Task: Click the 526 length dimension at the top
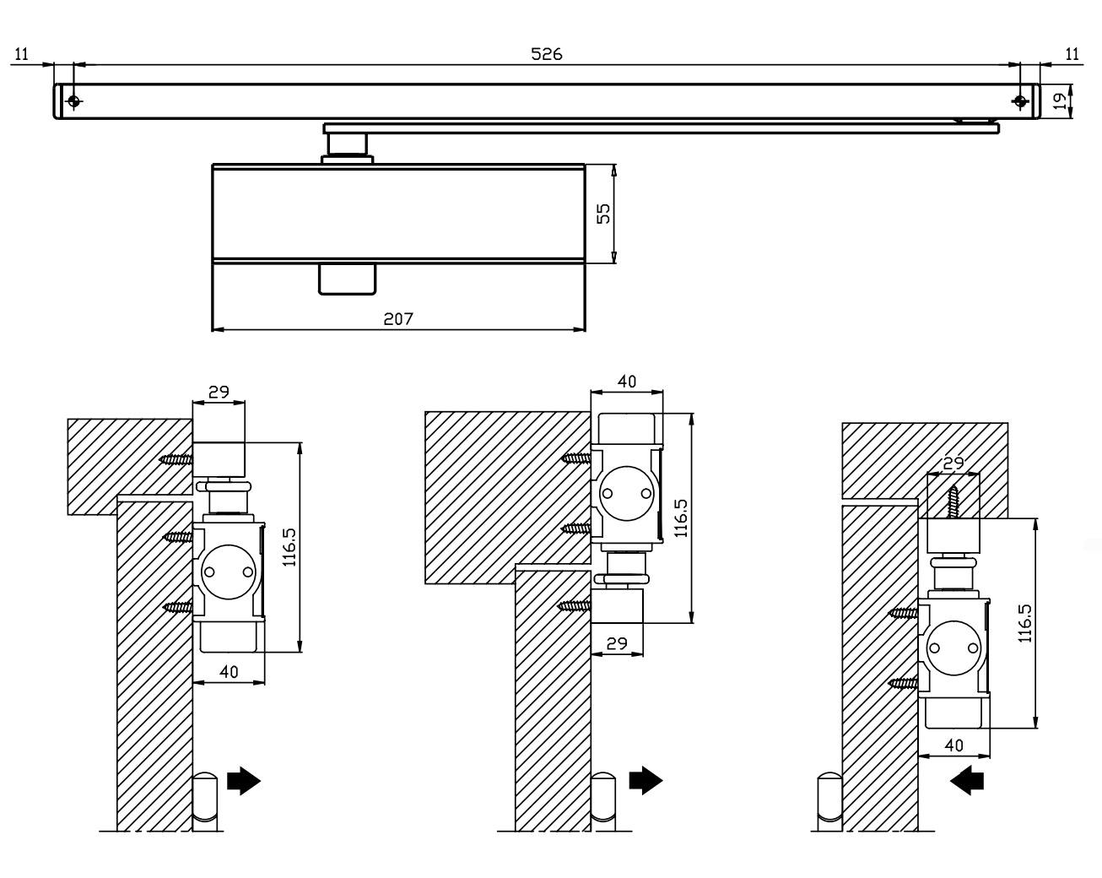point(546,53)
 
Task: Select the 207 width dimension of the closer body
point(397,319)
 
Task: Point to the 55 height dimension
point(602,214)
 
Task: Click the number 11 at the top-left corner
point(22,54)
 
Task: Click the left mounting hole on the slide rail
point(74,101)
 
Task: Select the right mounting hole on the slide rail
point(1020,101)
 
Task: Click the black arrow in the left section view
point(245,781)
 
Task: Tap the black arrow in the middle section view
point(646,781)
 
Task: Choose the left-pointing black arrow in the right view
point(967,783)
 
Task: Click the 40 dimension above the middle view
point(627,381)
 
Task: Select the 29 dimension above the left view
point(219,392)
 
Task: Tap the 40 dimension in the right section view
point(953,745)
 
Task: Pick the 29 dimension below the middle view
point(618,642)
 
